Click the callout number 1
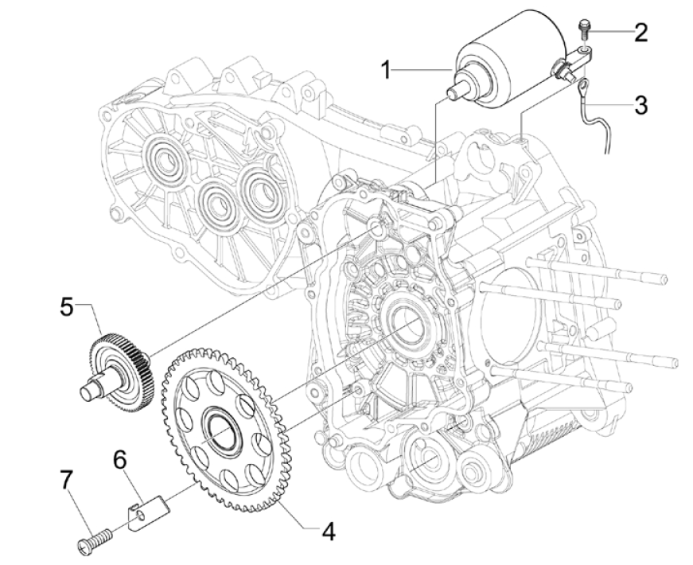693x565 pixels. click(x=387, y=70)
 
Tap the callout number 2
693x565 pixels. click(x=640, y=33)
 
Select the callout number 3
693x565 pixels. click(x=640, y=103)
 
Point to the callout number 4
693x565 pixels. click(x=327, y=532)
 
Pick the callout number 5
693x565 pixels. click(x=67, y=306)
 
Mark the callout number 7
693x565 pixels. click(x=67, y=481)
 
